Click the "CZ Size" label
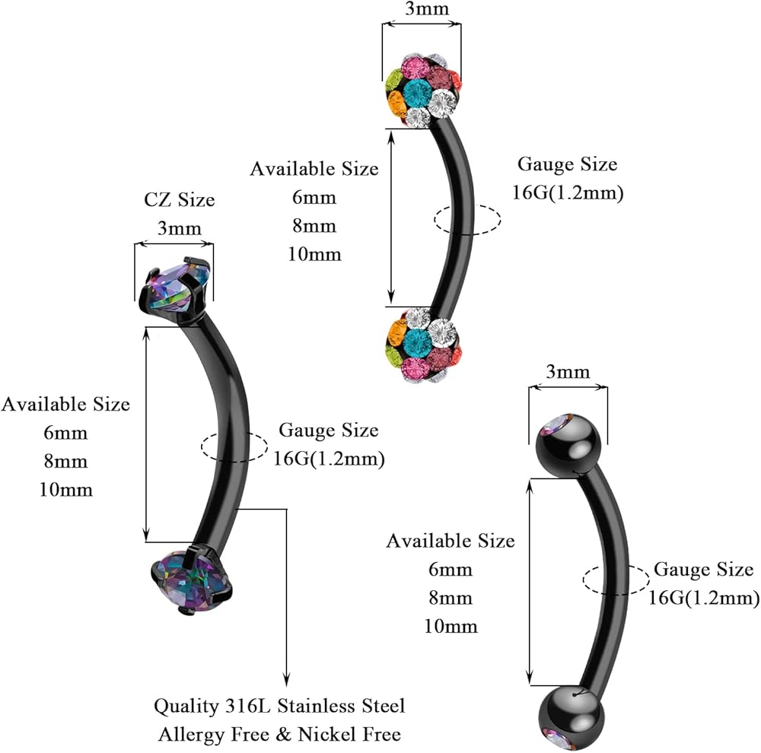click(x=179, y=199)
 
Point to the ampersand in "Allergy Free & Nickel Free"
click(x=283, y=734)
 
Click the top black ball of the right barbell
click(x=568, y=445)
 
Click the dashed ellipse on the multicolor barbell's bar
click(x=467, y=220)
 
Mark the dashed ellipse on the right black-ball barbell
click(x=616, y=580)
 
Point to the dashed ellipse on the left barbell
click(x=234, y=446)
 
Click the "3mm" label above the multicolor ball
click(x=427, y=8)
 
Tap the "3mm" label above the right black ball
click(x=568, y=372)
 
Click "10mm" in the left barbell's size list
click(x=66, y=490)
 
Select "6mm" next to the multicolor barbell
click(x=314, y=198)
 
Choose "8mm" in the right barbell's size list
click(x=451, y=598)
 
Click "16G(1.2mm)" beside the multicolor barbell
click(x=568, y=192)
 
